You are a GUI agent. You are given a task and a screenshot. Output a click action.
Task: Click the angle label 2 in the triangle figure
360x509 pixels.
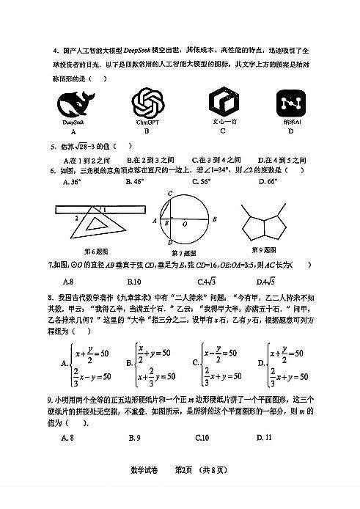point(76,218)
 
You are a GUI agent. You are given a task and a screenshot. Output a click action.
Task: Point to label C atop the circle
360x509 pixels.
point(169,193)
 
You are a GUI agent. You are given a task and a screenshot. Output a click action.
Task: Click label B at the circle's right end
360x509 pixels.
point(214,219)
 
